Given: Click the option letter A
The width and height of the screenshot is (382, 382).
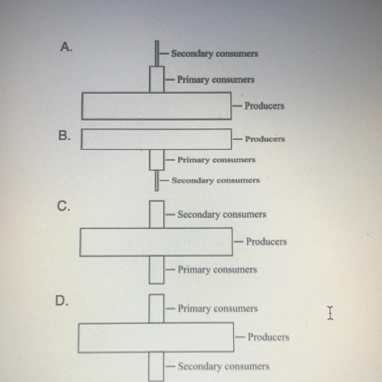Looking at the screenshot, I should coord(66,47).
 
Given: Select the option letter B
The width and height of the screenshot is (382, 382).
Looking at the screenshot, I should coord(65,135).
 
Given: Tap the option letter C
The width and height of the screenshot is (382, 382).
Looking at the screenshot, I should coord(63,206).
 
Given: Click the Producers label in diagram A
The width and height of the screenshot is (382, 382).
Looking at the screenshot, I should coord(264,106).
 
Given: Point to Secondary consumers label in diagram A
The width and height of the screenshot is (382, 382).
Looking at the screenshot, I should coord(214,54).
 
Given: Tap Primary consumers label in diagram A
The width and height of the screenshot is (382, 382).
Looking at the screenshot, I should coord(216,80).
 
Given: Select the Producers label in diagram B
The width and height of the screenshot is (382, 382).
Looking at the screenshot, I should coord(265,139).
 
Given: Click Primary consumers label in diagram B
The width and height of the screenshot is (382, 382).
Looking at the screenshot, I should coord(216,160).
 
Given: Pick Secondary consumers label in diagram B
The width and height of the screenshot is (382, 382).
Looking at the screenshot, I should coord(216,180).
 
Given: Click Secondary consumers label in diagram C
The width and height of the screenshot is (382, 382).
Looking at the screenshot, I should coord(222,215).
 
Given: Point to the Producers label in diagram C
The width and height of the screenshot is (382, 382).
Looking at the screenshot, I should coord(266,242).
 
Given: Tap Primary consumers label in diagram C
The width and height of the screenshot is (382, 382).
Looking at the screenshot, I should coord(217,270).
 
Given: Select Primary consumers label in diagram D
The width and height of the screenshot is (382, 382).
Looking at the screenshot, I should coord(218,309).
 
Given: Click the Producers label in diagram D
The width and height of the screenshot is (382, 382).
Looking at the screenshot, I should coord(268,337).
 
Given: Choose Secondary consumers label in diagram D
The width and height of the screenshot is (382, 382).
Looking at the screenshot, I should coord(223,367).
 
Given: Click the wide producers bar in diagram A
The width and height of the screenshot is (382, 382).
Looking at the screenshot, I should coord(156,106).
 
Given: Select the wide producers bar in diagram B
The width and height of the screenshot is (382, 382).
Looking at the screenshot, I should coord(156,139).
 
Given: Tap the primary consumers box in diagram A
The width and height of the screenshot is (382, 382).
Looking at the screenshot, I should coord(157,80).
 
